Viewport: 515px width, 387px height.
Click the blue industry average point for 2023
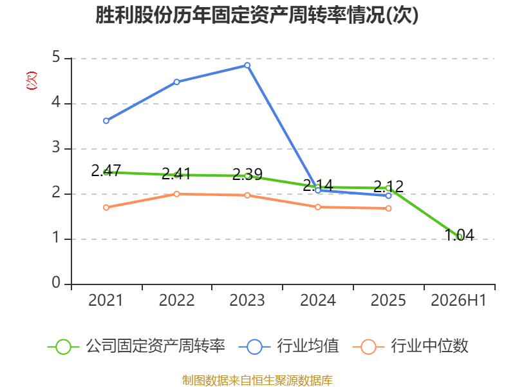coord(247,66)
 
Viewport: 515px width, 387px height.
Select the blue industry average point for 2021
coord(106,121)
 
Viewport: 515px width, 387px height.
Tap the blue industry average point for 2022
coord(176,82)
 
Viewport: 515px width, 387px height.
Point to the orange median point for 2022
coord(176,194)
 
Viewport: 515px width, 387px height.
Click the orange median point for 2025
coord(388,208)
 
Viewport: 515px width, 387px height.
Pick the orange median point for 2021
coord(106,207)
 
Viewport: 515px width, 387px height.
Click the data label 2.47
coord(106,171)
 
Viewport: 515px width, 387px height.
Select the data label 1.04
coord(459,235)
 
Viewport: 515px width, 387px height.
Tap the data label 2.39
coord(247,174)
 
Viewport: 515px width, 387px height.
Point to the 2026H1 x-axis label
coord(458,300)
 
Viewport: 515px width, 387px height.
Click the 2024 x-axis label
coord(318,300)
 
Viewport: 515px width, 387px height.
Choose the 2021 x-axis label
coord(106,300)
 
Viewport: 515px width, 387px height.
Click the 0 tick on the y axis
coord(56,283)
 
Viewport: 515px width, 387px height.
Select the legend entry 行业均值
coord(289,346)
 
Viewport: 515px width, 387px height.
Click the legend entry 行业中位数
coord(411,346)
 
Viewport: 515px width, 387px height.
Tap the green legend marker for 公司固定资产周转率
coord(63,347)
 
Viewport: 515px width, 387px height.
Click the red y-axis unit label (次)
coord(32,81)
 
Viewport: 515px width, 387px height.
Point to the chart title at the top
coord(257,15)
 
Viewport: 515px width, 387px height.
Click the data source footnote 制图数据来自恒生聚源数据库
coord(257,381)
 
